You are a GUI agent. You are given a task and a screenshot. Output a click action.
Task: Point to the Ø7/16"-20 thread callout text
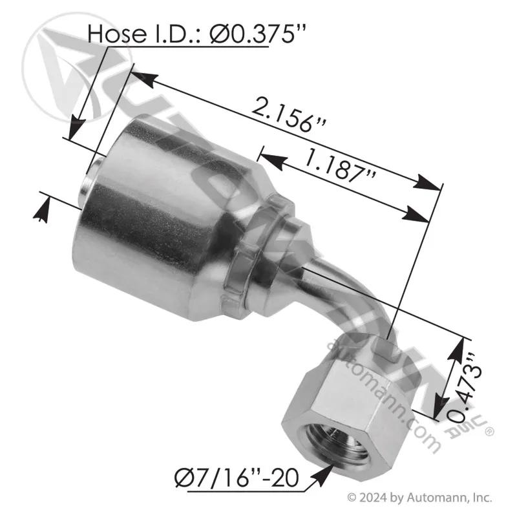click(237, 478)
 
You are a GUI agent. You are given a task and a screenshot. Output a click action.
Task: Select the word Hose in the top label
click(117, 34)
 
